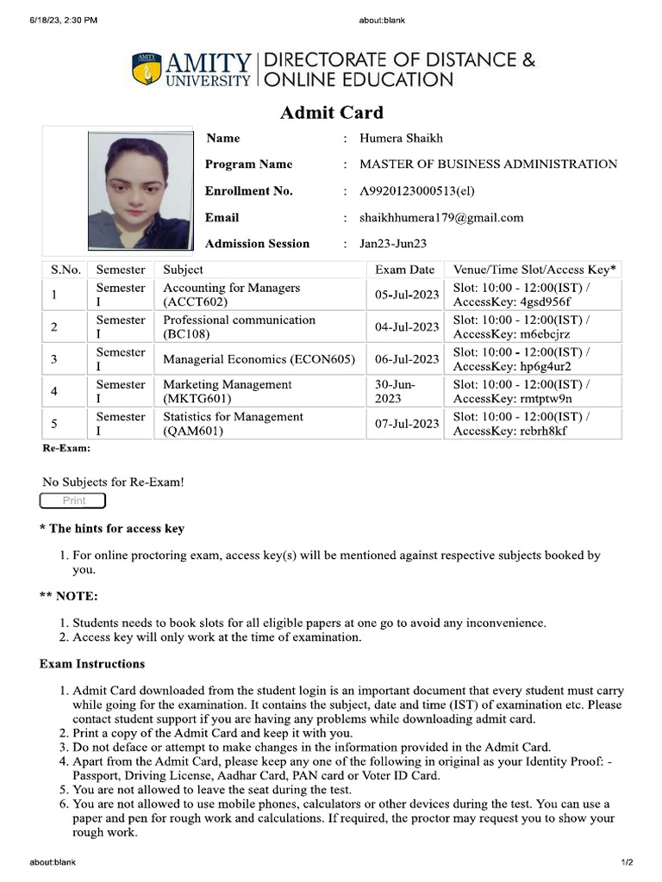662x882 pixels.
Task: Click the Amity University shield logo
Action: click(147, 70)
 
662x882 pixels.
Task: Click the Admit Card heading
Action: click(331, 113)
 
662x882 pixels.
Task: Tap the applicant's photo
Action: click(137, 189)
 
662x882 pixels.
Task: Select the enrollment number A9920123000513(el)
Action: click(416, 191)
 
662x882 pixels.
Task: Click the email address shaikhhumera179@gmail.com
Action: click(441, 218)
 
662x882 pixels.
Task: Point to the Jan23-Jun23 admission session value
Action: click(393, 244)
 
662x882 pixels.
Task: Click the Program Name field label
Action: click(248, 165)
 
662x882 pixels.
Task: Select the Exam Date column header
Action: click(404, 270)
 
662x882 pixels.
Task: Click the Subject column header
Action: click(183, 270)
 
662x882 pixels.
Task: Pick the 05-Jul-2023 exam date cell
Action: click(407, 295)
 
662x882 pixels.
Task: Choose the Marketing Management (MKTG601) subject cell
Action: click(228, 391)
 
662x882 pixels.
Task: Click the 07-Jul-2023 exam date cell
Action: click(407, 424)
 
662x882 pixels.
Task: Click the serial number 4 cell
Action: click(54, 391)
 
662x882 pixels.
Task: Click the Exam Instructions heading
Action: click(92, 664)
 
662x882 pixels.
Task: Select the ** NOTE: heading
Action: click(69, 596)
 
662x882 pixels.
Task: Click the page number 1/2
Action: click(627, 862)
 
